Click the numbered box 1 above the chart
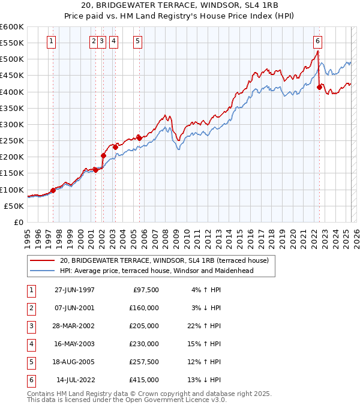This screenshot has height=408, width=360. pyautogui.click(x=52, y=41)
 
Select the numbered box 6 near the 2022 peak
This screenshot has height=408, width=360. pyautogui.click(x=317, y=41)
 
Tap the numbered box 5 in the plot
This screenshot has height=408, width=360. pyautogui.click(x=138, y=41)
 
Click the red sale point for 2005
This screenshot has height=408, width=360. pyautogui.click(x=139, y=137)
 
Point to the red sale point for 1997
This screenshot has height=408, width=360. pyautogui.click(x=53, y=190)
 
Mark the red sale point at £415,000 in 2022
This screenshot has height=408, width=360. pyautogui.click(x=319, y=87)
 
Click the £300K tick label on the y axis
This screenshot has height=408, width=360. pyautogui.click(x=11, y=124)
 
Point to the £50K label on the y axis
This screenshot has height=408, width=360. pyautogui.click(x=14, y=206)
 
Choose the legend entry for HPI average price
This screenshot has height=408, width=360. pyautogui.click(x=157, y=271)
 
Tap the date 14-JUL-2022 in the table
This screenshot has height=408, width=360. pyautogui.click(x=75, y=380)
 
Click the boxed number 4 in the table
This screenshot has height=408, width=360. pyautogui.click(x=31, y=344)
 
